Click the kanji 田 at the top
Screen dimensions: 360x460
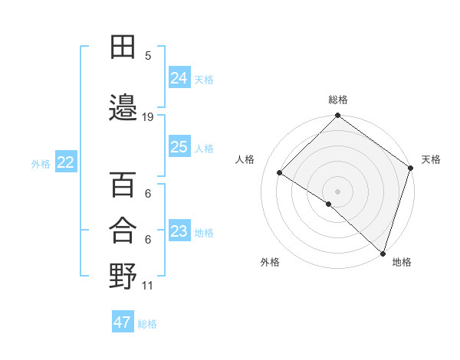click(x=123, y=47)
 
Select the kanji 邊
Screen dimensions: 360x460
click(x=123, y=108)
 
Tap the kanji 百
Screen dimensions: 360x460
click(x=123, y=185)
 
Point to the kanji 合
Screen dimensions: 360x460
click(x=123, y=231)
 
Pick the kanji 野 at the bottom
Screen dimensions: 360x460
click(x=123, y=276)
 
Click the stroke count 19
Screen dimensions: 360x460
click(x=148, y=117)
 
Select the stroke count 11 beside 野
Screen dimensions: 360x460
click(x=148, y=286)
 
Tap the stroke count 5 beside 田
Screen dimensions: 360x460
click(x=148, y=56)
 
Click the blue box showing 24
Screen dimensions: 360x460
click(x=179, y=78)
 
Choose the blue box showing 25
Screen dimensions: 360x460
click(x=179, y=147)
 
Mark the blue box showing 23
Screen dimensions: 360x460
click(x=179, y=231)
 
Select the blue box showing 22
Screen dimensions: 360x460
click(x=65, y=162)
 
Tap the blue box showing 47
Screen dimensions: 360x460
click(x=123, y=322)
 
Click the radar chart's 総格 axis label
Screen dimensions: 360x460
click(x=337, y=100)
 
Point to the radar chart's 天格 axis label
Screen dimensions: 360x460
click(x=431, y=159)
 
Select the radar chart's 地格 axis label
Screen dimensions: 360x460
click(x=402, y=262)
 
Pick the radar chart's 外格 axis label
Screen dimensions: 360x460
click(x=270, y=262)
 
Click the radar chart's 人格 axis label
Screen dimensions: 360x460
click(x=245, y=159)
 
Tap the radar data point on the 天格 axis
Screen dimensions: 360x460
click(x=411, y=167)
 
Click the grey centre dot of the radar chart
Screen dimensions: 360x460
click(x=337, y=191)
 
